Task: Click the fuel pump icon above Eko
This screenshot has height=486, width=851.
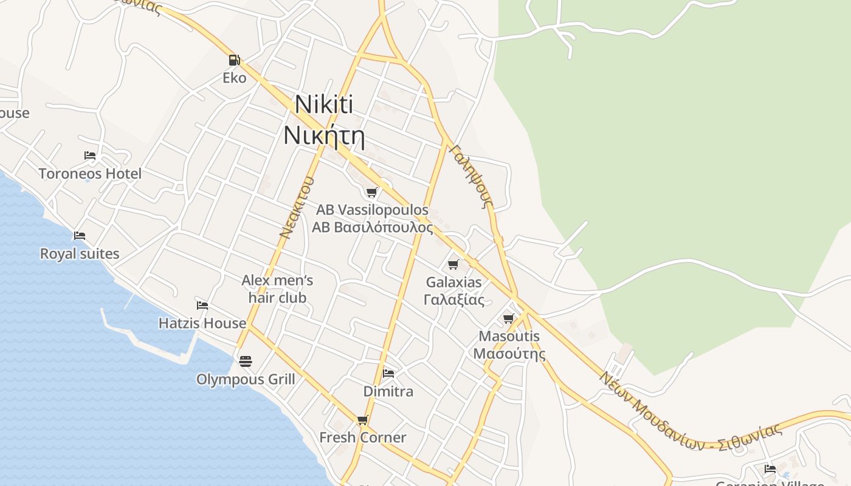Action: [x=234, y=60]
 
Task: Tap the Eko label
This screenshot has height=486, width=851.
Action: [x=234, y=78]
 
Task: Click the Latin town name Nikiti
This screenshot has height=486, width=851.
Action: [x=323, y=104]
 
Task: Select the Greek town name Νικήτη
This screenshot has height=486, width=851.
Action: [x=323, y=135]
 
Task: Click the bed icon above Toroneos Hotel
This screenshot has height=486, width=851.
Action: [x=90, y=156]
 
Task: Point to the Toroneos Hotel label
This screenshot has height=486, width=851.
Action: [x=90, y=174]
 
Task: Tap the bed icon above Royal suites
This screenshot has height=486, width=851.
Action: [x=80, y=236]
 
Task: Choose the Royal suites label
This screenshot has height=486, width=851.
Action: [x=80, y=253]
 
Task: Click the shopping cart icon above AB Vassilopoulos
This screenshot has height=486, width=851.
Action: [x=371, y=193]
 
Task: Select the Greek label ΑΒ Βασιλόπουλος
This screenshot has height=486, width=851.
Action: [x=372, y=228]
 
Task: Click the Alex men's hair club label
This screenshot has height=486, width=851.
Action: [x=277, y=289]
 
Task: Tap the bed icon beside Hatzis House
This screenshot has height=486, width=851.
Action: [x=202, y=305]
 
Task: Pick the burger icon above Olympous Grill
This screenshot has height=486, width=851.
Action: [x=246, y=361]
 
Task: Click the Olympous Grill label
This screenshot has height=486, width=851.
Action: [x=246, y=380]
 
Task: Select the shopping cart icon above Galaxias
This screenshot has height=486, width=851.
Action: [x=453, y=264]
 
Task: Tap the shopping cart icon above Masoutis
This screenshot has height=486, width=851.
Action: [x=509, y=318]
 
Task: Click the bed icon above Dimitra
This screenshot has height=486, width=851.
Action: [x=388, y=373]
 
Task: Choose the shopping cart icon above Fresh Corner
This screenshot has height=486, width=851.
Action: [x=363, y=420]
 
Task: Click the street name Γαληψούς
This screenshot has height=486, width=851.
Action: [x=472, y=176]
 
